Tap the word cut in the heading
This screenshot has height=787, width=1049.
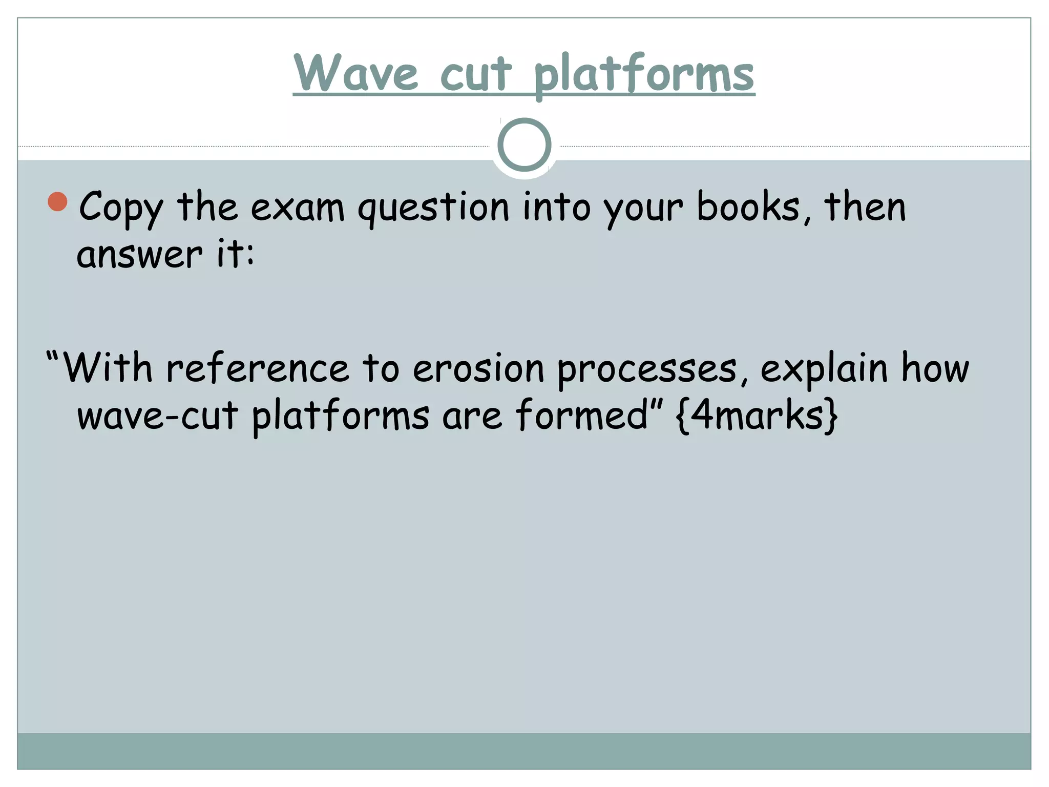(476, 74)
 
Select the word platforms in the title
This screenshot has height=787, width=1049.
(644, 75)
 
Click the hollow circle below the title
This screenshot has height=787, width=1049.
(524, 145)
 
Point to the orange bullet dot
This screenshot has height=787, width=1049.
(58, 202)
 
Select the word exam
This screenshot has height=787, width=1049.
(297, 208)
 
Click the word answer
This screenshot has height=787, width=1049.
(139, 255)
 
